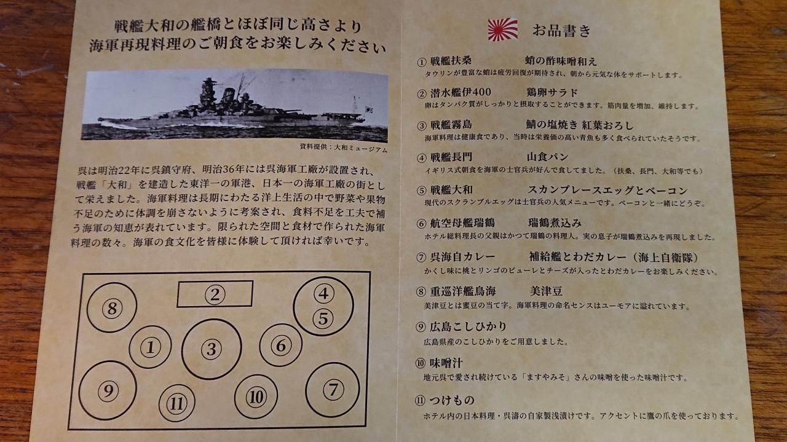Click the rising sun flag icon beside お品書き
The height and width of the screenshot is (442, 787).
pos(503,30)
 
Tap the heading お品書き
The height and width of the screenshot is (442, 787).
pos(562,31)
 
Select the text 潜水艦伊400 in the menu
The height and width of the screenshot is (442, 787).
pos(461,93)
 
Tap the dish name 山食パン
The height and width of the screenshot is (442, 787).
pos(547,157)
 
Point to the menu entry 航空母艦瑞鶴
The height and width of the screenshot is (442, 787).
pos(462,223)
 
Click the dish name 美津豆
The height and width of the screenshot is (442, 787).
pos(546,291)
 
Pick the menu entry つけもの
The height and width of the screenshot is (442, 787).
pos(451,400)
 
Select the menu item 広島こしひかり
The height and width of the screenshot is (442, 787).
pos(469,327)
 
